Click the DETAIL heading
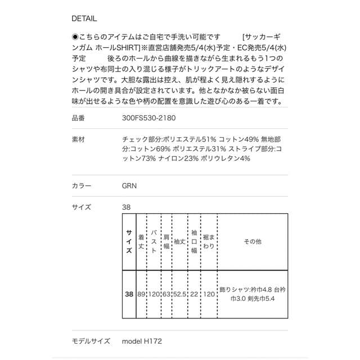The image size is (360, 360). tap(84, 17)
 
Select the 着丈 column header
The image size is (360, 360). tap(141, 241)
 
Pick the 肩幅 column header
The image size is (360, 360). tap(166, 241)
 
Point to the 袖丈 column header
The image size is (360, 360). tap(179, 241)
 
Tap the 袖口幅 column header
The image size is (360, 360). tap(194, 241)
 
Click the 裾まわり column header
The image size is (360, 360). tap(209, 241)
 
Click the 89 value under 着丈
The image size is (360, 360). tap(141, 294)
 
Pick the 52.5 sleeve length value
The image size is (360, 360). tap(179, 294)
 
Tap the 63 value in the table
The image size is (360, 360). tap(166, 294)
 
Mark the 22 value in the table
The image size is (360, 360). tap(194, 294)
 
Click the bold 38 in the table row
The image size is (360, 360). tap(129, 294)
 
